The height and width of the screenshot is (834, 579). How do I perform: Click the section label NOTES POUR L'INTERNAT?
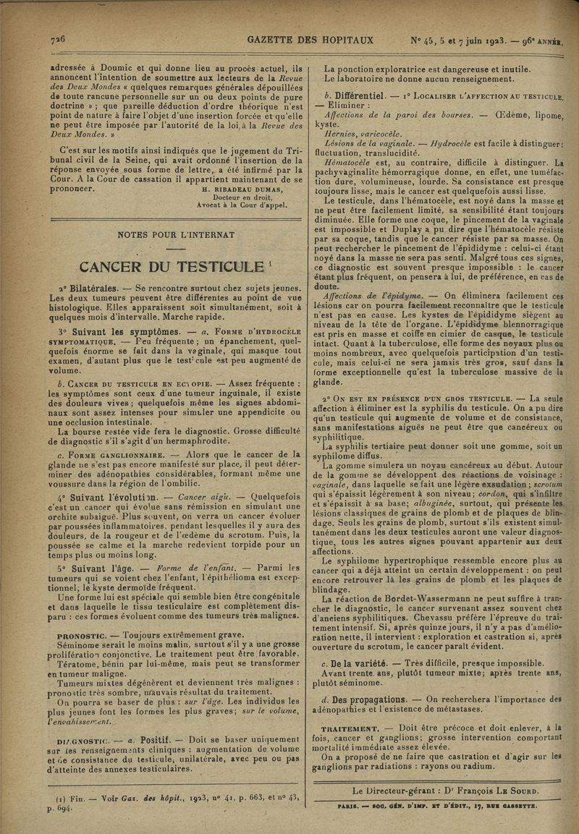tap(171, 234)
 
